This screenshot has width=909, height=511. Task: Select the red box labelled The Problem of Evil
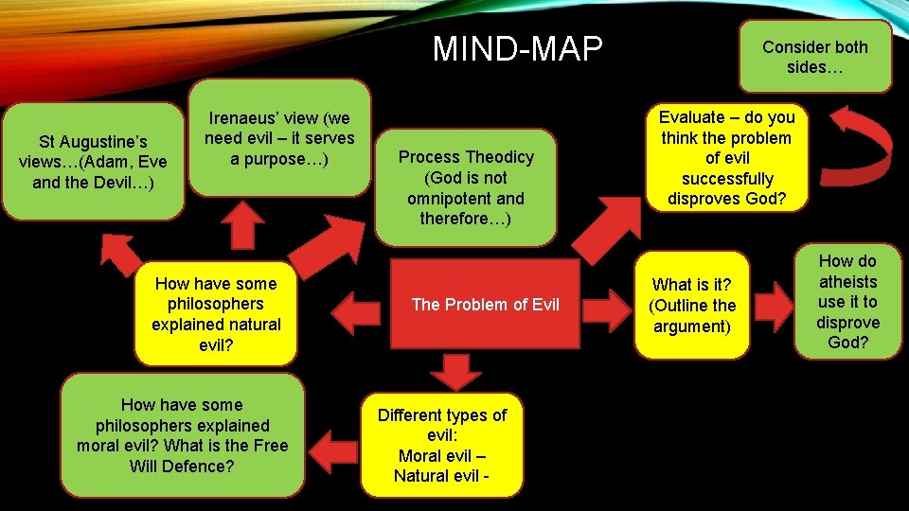485,304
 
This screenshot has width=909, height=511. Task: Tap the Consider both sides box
814,57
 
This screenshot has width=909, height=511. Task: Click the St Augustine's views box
93,162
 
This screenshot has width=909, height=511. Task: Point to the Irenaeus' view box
279,138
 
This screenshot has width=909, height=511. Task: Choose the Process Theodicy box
465,187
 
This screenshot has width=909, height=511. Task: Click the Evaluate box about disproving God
727,158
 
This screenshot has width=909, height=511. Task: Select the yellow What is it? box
691,305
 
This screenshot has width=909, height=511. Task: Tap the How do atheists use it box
847,302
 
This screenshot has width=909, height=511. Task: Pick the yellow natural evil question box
216,314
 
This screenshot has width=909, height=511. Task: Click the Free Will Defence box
183,435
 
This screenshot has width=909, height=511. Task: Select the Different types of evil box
441,445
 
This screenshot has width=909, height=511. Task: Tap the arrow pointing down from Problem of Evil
457,370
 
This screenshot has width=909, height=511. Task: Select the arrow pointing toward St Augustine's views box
121,251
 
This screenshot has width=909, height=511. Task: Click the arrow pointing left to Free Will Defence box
332,444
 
